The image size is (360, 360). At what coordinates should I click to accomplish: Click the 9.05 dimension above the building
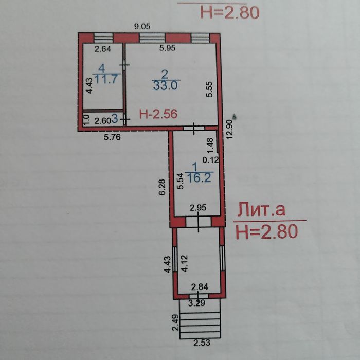tap(142, 26)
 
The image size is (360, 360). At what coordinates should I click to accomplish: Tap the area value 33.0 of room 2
tap(166, 86)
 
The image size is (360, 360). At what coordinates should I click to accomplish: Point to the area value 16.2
tap(199, 178)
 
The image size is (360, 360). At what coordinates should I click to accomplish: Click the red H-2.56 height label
tap(158, 114)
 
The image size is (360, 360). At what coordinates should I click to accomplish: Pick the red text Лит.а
tap(261, 210)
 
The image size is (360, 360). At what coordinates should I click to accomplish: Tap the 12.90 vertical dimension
tap(229, 129)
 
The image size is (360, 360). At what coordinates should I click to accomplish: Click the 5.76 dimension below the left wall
tap(112, 137)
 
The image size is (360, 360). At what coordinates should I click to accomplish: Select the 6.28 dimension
tap(162, 187)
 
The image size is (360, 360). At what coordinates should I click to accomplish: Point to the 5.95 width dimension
tap(168, 48)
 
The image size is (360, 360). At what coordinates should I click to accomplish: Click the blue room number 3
tap(115, 119)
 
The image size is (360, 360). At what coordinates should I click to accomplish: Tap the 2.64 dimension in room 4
tap(103, 49)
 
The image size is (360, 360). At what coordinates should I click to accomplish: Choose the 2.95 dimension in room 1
tap(198, 208)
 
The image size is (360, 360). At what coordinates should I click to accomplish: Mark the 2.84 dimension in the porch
tap(200, 287)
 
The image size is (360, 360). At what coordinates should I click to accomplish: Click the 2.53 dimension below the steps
tap(202, 343)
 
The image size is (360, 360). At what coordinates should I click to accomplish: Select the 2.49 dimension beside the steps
tap(175, 322)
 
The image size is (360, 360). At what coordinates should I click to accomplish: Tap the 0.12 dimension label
tap(210, 160)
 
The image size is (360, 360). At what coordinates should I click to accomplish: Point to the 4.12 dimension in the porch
tap(185, 263)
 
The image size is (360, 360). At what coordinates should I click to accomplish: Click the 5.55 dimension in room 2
tap(209, 89)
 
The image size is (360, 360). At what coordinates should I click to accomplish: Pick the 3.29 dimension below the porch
tap(196, 303)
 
